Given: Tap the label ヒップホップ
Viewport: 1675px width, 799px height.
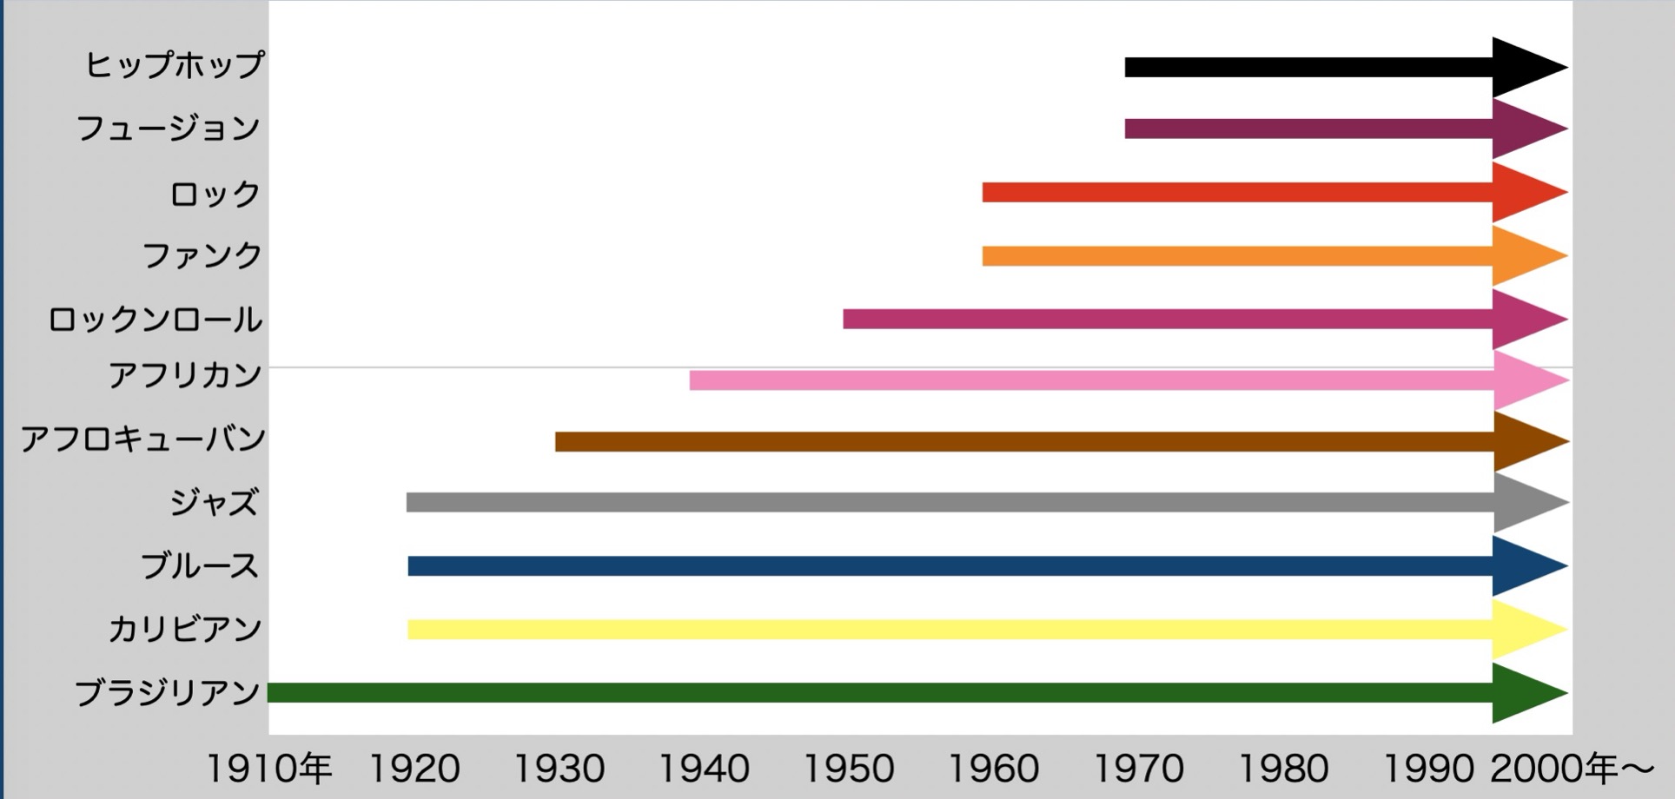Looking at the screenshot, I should coord(174,65).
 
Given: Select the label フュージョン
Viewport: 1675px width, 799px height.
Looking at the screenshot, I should coord(169,129).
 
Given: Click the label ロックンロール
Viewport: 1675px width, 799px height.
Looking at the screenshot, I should coord(155,320).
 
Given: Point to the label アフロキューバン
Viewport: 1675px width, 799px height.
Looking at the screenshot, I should coord(143,439).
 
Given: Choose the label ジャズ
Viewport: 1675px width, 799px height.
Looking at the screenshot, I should coord(214,502).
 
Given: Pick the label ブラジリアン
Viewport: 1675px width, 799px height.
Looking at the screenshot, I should coord(168,693).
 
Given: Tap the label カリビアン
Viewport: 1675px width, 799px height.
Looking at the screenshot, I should coord(184,629).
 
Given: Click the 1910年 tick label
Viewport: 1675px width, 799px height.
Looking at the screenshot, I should coord(268,769).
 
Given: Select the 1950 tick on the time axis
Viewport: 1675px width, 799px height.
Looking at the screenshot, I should coord(848,769).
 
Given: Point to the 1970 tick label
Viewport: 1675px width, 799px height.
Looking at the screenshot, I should coord(1138,769).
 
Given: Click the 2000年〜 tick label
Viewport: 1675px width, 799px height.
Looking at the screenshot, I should coord(1572,769).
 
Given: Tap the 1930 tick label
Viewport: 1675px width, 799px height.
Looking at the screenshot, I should coord(559,769).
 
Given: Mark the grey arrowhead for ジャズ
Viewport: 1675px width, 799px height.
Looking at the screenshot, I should coord(1525,502).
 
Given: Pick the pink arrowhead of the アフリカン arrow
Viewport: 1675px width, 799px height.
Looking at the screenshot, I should coord(1525,380).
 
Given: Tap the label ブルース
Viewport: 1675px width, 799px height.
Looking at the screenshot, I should coord(200,566).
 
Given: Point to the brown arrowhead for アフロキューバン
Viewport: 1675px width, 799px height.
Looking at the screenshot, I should coord(1525,441).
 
